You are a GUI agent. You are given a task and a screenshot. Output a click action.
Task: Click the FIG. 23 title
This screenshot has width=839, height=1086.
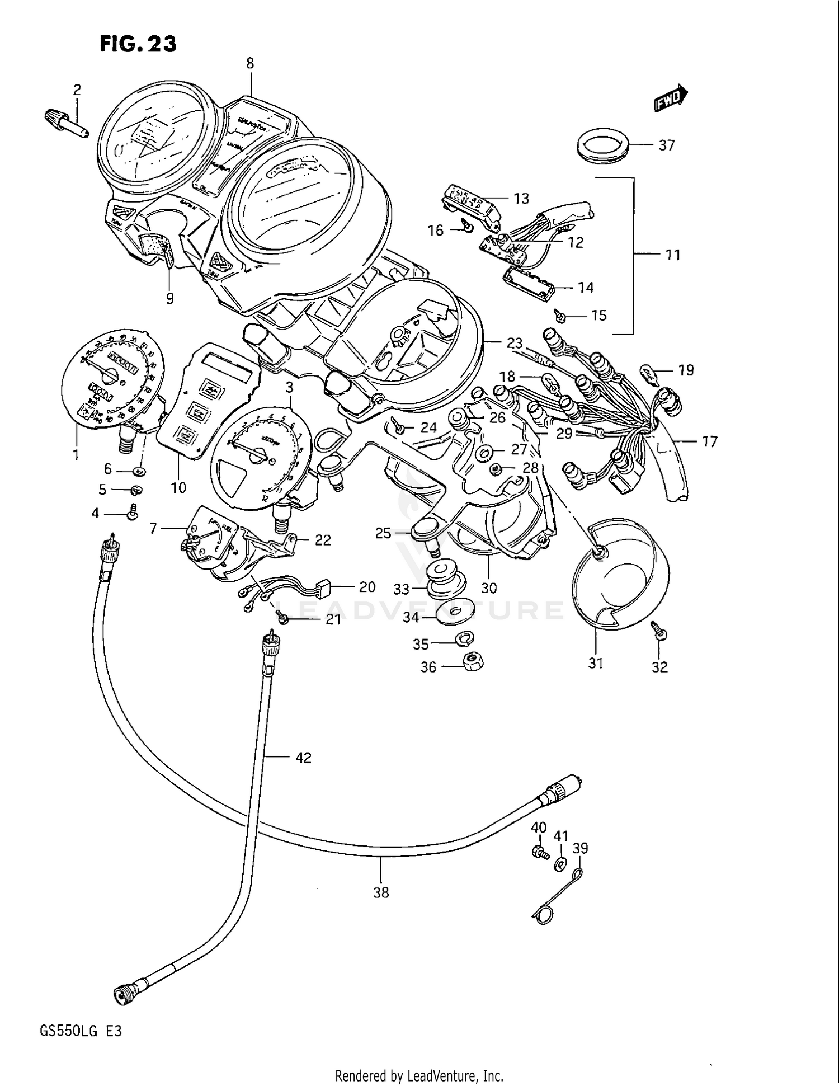[138, 43]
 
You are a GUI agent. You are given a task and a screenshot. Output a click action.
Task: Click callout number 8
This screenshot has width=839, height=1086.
[250, 64]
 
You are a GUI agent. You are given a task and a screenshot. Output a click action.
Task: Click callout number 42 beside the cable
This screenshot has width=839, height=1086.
[303, 758]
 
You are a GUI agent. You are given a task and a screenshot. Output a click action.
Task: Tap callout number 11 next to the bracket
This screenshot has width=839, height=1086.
[673, 255]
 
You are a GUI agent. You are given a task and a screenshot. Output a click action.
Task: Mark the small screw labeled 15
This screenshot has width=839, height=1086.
[561, 316]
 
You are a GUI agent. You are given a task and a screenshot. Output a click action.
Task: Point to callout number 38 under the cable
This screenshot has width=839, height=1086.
[381, 892]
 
